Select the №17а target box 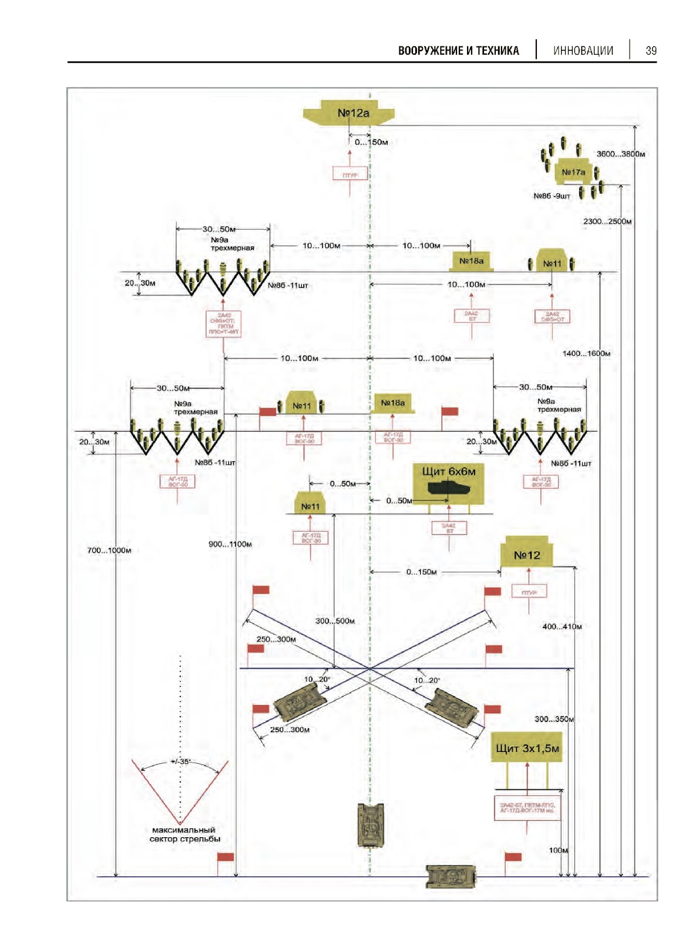tap(573, 172)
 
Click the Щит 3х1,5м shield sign tap(527, 748)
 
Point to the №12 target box tap(526, 555)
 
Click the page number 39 tap(651, 51)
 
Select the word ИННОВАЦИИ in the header tap(583, 51)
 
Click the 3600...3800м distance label tap(620, 154)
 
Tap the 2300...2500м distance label tap(607, 221)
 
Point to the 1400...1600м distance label tap(586, 354)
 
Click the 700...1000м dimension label tap(109, 550)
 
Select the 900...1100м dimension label tap(230, 544)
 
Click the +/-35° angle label tap(180, 761)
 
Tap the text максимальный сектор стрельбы tap(184, 834)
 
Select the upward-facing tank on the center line tap(371, 825)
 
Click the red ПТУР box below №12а tap(350, 174)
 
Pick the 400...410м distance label tap(562, 627)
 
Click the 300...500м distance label tap(335, 621)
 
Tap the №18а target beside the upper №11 tap(471, 261)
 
